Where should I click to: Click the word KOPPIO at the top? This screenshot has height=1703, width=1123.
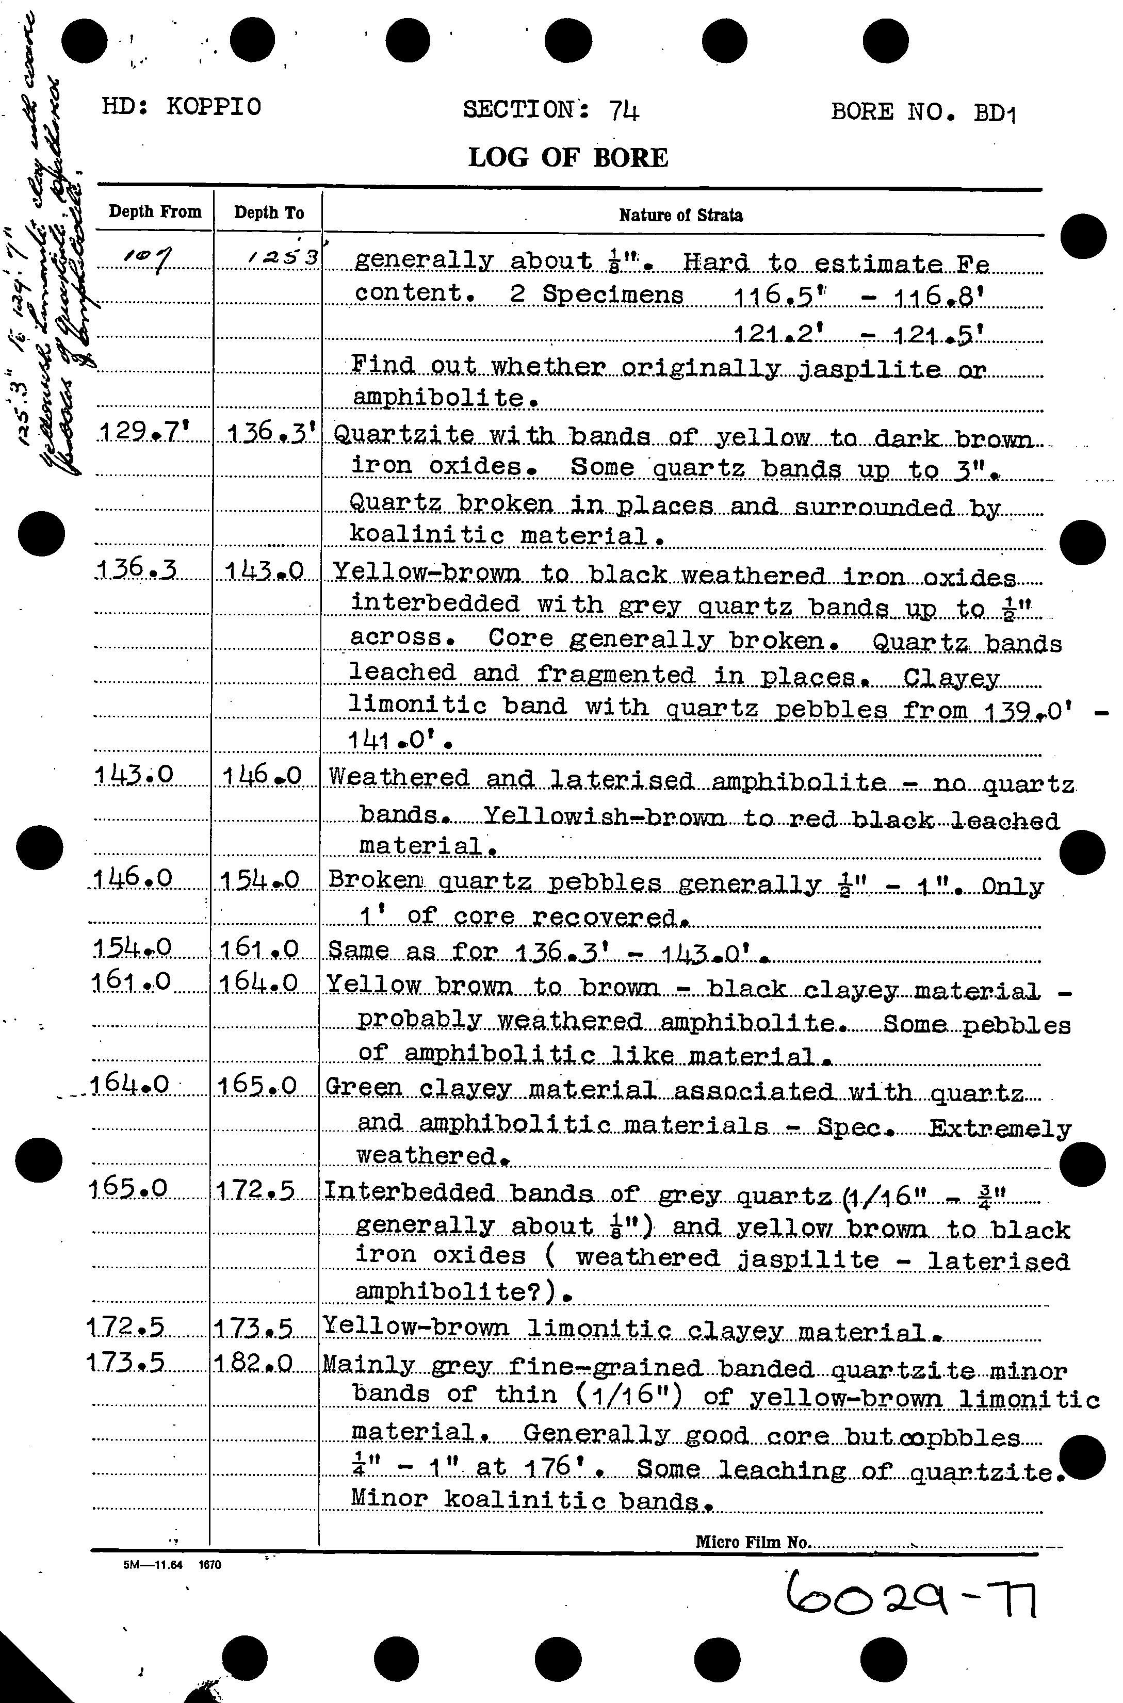214,107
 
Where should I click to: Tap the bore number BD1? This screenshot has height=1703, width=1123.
994,113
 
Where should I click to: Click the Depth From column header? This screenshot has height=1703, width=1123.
155,212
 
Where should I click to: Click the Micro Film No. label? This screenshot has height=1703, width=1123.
752,1542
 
